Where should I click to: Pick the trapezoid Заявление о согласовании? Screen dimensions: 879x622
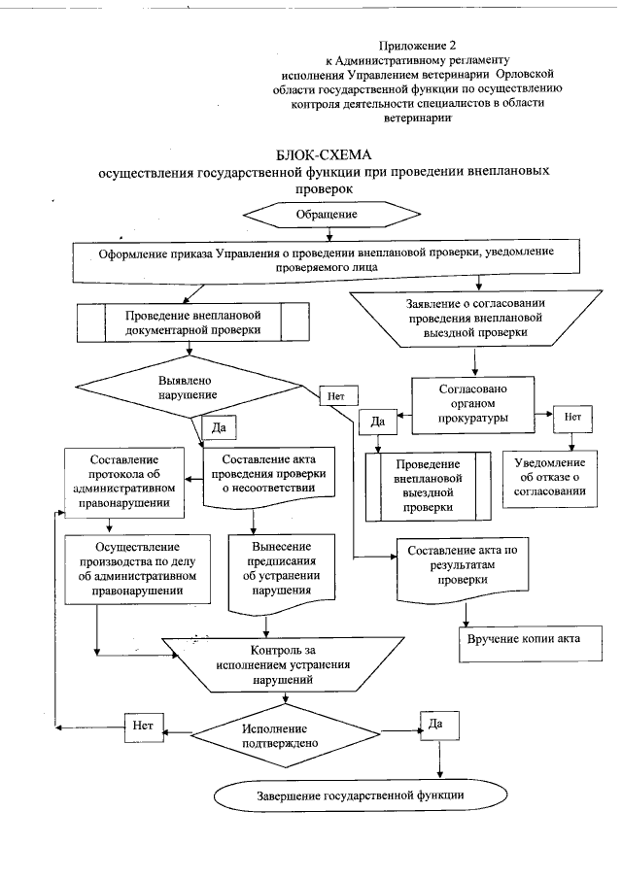(x=475, y=318)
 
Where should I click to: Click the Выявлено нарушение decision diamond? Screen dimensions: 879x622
(x=187, y=389)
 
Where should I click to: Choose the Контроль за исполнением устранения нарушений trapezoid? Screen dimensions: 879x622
(x=281, y=664)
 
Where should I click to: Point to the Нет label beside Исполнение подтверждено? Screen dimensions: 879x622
(x=143, y=725)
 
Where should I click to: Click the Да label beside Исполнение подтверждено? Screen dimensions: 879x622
(x=435, y=724)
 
